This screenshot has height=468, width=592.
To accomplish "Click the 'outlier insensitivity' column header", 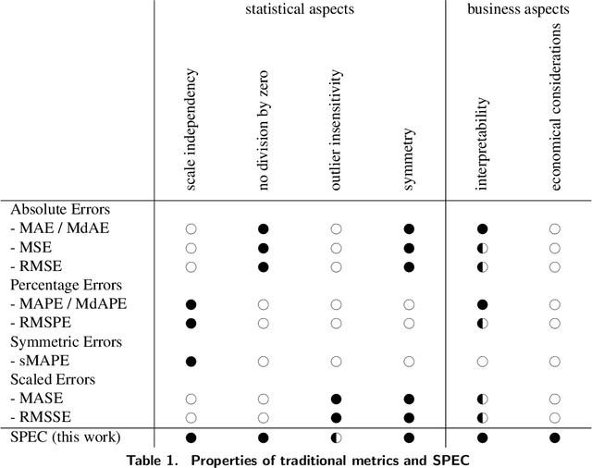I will point(335,131).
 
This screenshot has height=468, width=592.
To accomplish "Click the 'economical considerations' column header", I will point(554,107).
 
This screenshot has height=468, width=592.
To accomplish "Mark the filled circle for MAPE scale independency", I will point(191,304).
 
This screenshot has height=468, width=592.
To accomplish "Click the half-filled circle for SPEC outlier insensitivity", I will point(336,437).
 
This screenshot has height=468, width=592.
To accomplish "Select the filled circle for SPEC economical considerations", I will point(554,437).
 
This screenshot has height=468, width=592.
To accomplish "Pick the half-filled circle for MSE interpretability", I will point(481,248).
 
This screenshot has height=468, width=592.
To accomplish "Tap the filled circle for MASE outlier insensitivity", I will point(336,399).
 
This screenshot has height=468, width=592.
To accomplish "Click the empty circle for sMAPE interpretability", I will point(481,361).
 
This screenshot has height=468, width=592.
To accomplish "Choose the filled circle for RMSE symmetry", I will point(408,266).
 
